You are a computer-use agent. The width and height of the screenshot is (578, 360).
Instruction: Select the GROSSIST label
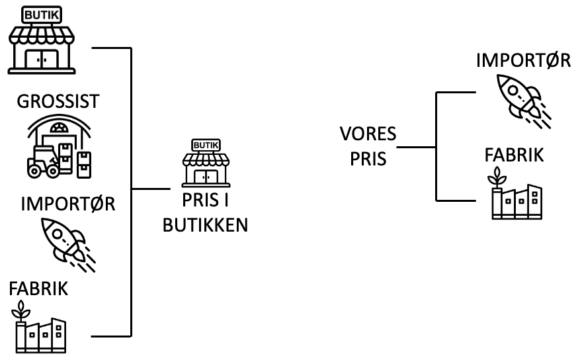click(58, 101)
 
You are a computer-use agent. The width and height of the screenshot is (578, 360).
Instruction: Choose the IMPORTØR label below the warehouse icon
click(68, 203)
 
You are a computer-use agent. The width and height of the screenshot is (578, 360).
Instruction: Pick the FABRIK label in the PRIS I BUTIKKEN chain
click(38, 289)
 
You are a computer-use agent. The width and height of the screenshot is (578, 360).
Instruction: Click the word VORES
click(368, 135)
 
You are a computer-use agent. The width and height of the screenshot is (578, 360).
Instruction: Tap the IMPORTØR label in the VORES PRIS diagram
click(523, 62)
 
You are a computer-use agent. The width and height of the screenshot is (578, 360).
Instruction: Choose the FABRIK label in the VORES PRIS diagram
click(514, 156)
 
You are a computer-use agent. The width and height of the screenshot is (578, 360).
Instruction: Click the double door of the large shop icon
click(42, 59)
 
